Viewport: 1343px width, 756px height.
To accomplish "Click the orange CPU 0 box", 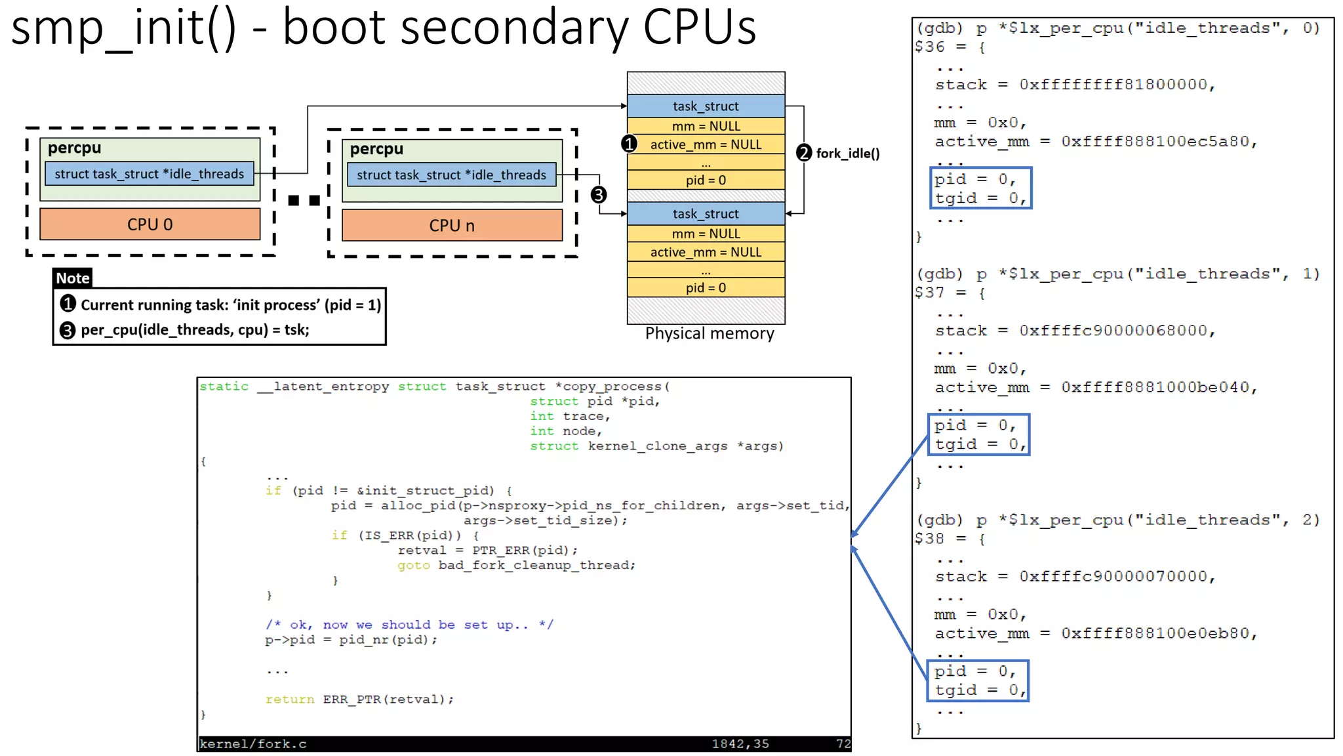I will [150, 224].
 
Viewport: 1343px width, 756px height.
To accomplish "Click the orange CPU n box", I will [452, 226].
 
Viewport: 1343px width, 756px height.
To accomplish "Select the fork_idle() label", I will [847, 154].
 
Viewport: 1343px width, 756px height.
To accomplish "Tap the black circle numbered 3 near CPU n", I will [598, 195].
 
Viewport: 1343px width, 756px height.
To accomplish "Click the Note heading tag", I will [72, 278].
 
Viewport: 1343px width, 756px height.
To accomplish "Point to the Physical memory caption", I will [709, 334].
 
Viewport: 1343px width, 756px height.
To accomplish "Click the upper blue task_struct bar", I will [706, 106].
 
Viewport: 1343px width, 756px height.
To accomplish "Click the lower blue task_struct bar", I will [706, 214].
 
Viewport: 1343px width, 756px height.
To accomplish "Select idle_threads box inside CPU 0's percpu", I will [149, 174].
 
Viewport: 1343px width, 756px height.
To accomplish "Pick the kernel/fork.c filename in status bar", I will [253, 744].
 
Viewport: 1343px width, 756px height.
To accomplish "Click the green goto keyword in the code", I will [413, 566].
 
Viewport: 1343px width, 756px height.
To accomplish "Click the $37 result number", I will [930, 293].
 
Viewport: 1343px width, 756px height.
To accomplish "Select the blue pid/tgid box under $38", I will [977, 681].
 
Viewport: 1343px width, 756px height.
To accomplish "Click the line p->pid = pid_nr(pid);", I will [351, 640].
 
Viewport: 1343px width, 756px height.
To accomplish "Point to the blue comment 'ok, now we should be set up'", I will [409, 625].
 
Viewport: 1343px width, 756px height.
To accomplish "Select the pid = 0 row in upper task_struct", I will [706, 180].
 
